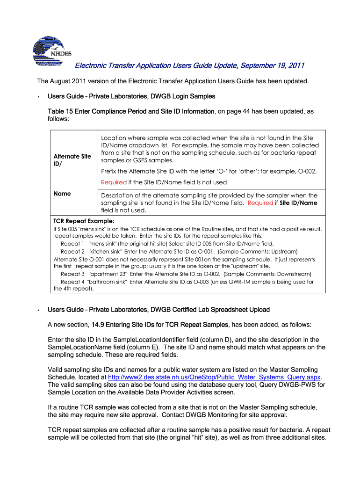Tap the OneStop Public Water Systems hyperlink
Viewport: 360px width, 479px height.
[214, 377]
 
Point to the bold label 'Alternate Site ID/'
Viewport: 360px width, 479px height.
[72, 160]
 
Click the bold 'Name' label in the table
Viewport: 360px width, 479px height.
[62, 193]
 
